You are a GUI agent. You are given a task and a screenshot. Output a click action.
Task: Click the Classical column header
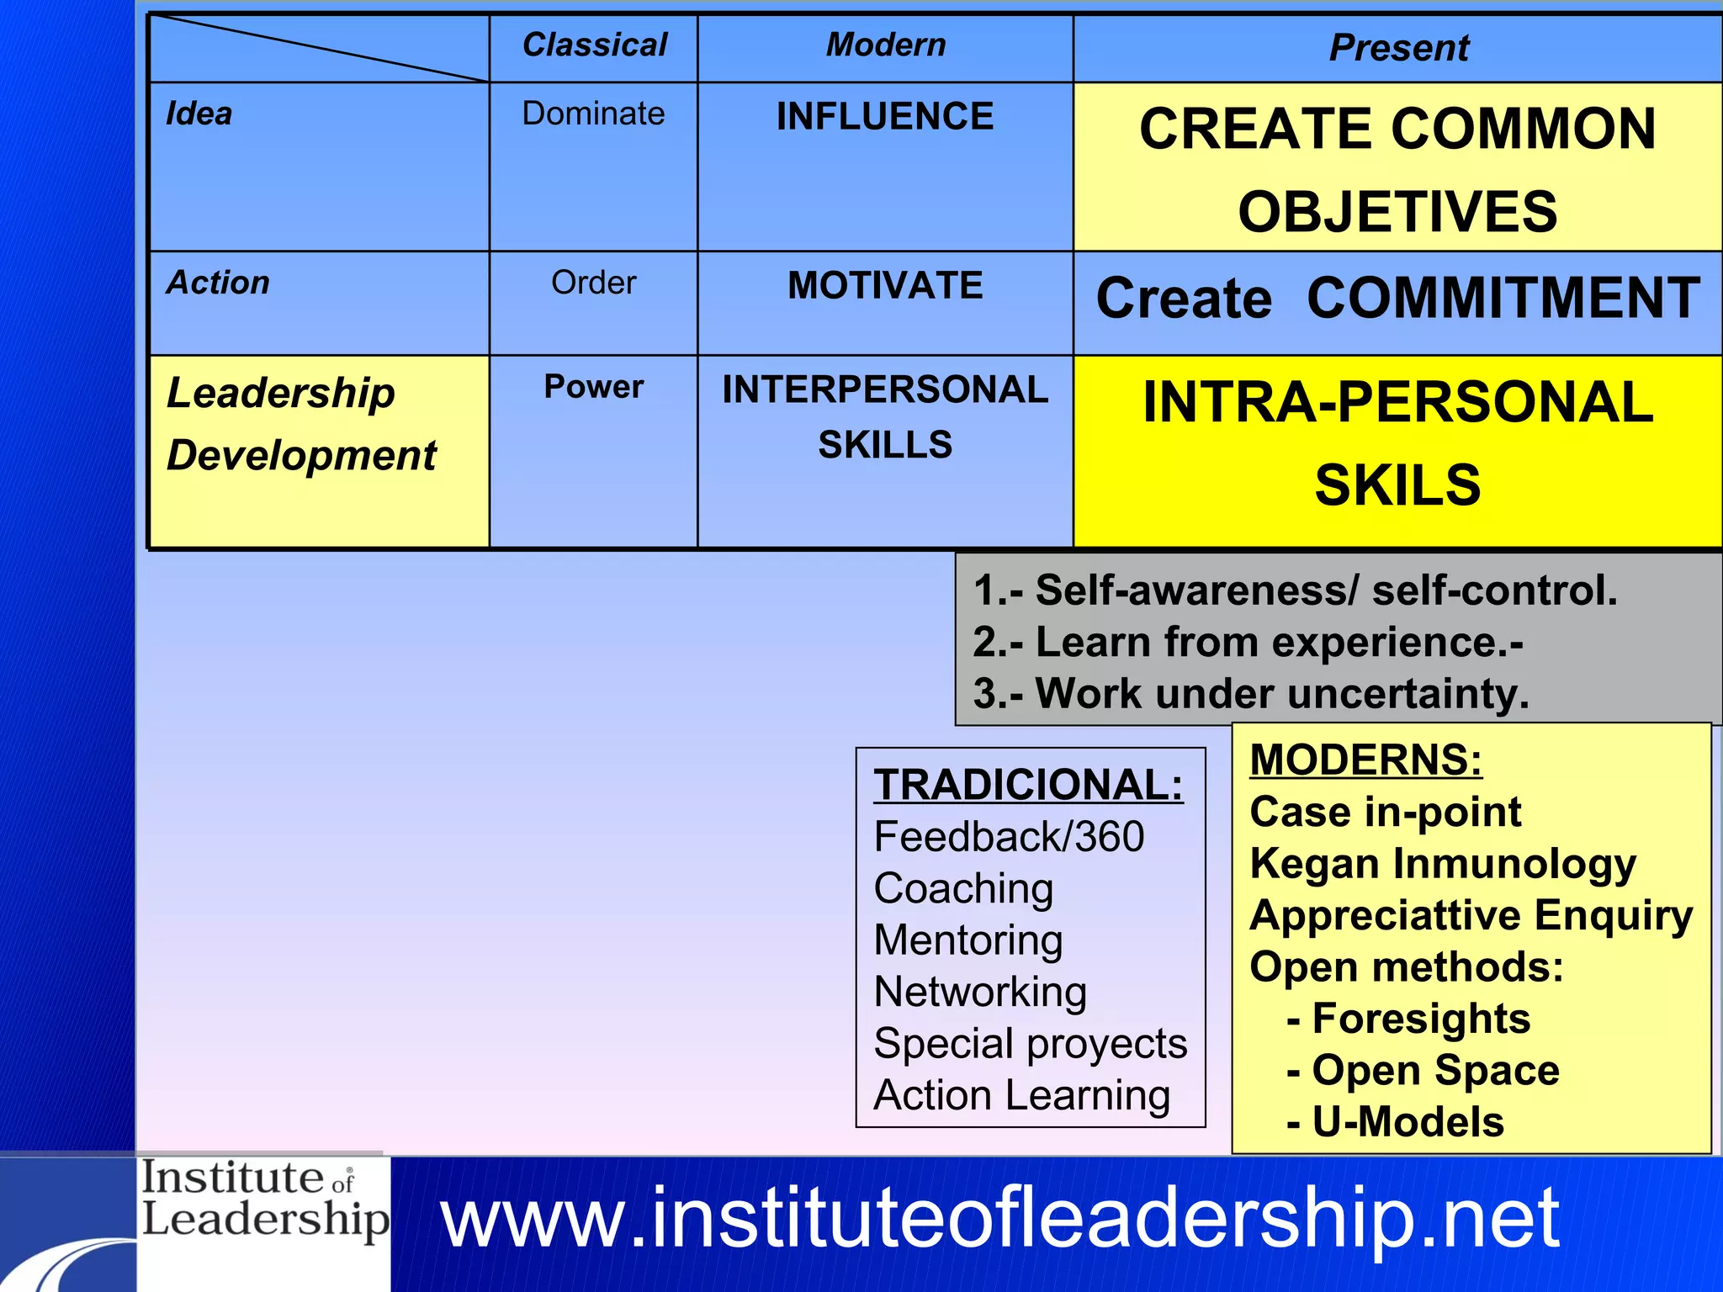click(x=594, y=45)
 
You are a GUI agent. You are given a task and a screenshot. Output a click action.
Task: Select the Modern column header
click(x=885, y=45)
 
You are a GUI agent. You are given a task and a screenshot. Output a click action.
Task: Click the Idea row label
click(x=199, y=114)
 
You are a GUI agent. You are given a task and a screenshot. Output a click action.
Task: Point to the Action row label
click(x=218, y=283)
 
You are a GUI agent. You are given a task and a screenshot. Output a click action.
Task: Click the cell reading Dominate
click(x=593, y=114)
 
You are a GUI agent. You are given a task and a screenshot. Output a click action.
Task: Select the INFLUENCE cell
click(x=885, y=117)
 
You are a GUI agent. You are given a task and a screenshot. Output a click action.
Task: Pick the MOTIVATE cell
click(x=885, y=286)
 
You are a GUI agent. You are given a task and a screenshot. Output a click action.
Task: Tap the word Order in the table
click(x=593, y=283)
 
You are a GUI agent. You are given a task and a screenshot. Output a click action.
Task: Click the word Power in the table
click(x=593, y=387)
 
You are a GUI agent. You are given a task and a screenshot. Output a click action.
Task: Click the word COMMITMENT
click(x=1503, y=299)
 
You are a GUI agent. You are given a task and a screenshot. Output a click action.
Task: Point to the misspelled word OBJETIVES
click(x=1397, y=212)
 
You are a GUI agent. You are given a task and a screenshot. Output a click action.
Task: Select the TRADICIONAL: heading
click(x=1028, y=785)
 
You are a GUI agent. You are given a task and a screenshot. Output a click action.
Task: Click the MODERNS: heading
click(x=1365, y=760)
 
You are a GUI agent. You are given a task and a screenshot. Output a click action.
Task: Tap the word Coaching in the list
click(x=963, y=889)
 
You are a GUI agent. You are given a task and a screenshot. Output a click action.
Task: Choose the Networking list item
click(x=980, y=993)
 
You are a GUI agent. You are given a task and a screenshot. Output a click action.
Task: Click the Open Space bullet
click(x=1434, y=1071)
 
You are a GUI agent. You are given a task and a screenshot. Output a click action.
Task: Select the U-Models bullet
click(x=1407, y=1122)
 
